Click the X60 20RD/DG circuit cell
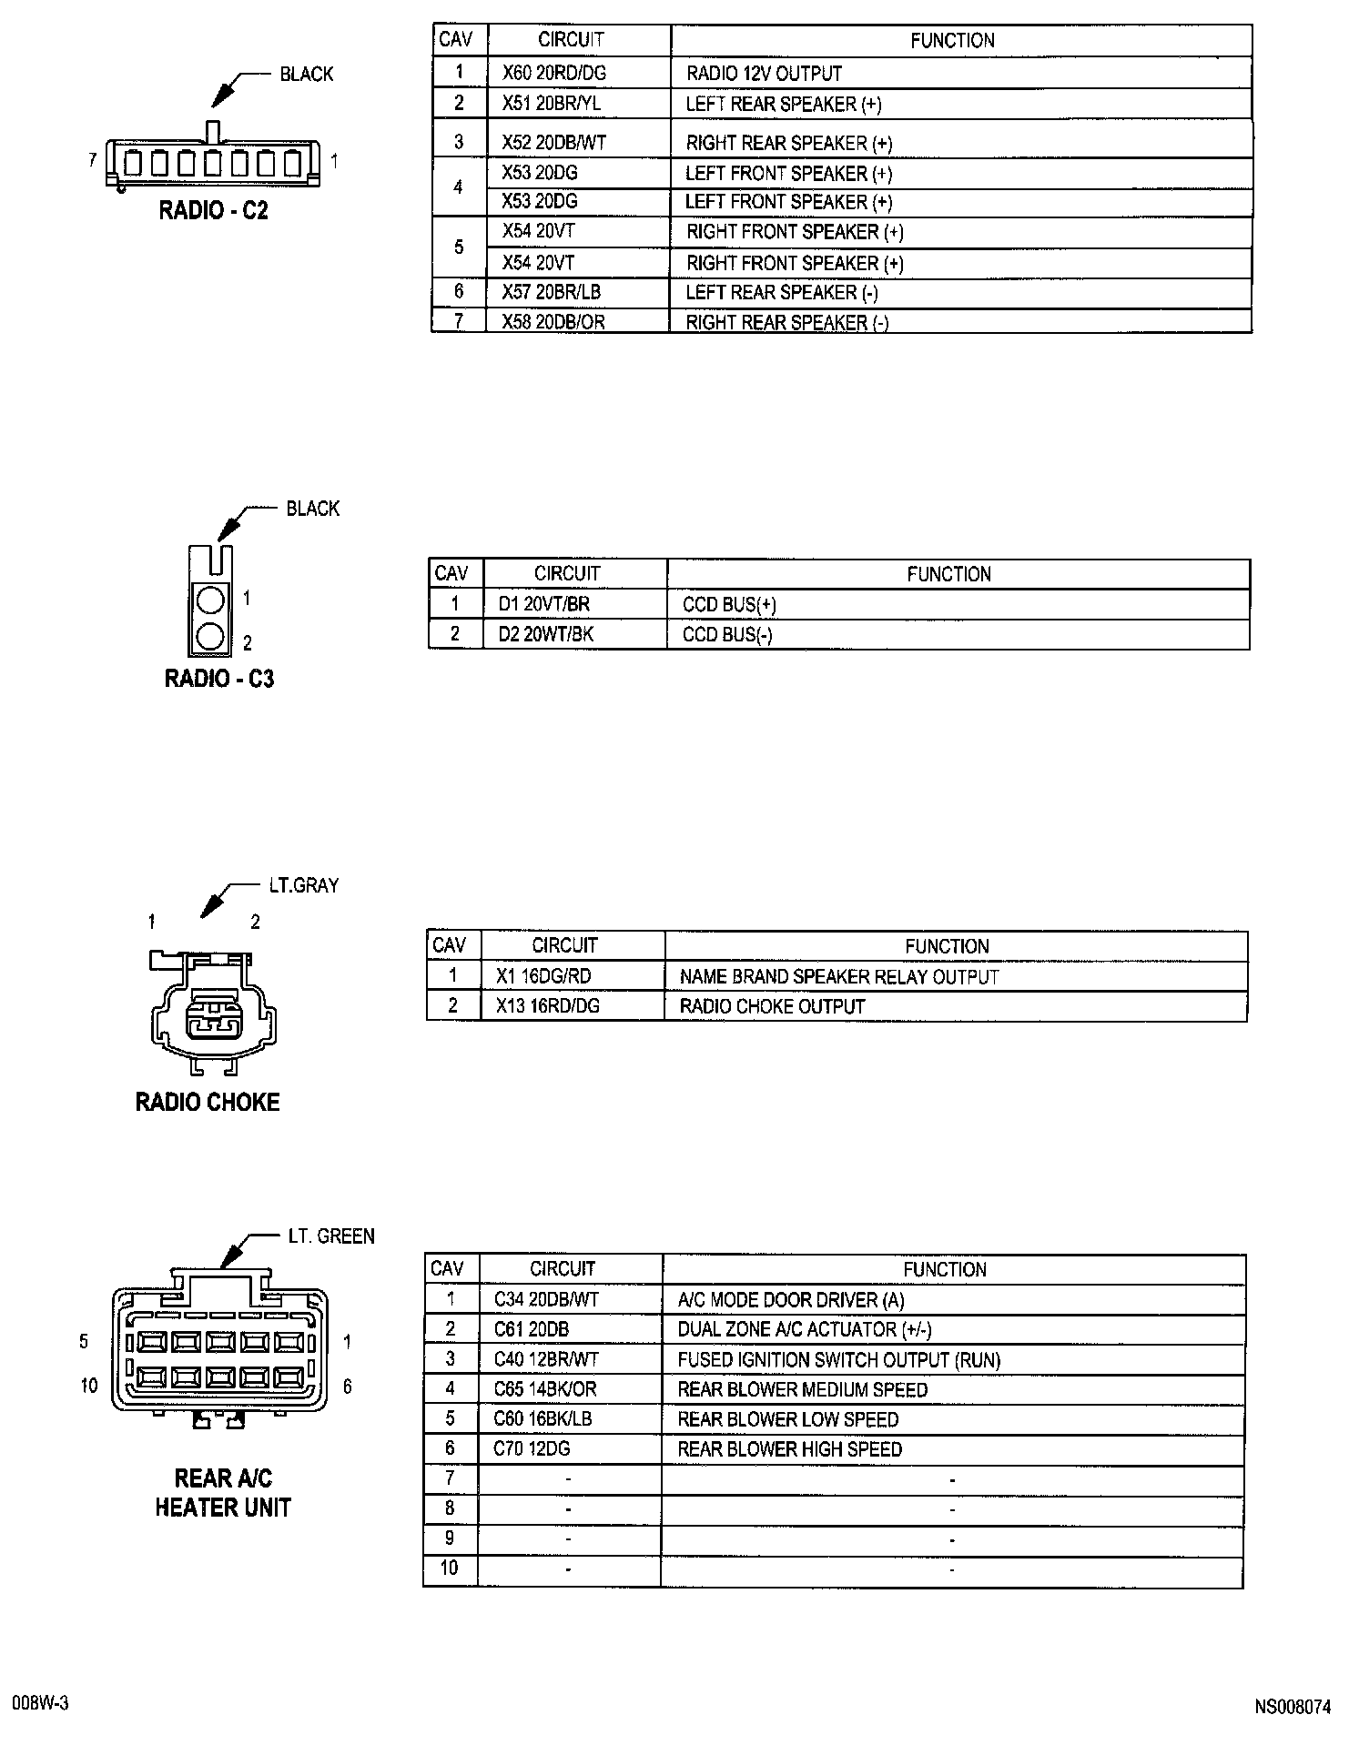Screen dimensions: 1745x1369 pos(553,73)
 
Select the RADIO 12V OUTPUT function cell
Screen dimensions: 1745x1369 pos(764,73)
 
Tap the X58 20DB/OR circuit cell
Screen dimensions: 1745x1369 pos(553,322)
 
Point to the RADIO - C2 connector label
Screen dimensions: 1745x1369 pos(214,210)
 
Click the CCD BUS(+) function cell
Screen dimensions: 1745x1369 pos(729,605)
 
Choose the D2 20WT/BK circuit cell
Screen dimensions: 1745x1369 pos(545,634)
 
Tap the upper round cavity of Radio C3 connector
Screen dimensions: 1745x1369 pos(210,600)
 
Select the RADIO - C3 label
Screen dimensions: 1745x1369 pos(218,679)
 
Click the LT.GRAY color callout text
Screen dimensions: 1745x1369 pos(303,885)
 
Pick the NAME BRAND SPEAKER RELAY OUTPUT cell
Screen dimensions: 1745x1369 pos(839,977)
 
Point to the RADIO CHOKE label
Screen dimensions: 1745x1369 pos(208,1103)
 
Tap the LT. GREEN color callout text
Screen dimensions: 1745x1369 pos(331,1236)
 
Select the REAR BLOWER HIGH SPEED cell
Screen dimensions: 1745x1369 pos(789,1449)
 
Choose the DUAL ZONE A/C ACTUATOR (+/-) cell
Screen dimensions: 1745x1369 pos(805,1329)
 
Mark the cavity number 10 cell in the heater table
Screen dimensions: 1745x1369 pos(450,1568)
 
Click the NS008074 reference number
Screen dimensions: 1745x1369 pos(1293,1708)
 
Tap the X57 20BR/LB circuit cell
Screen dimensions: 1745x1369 pos(551,292)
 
